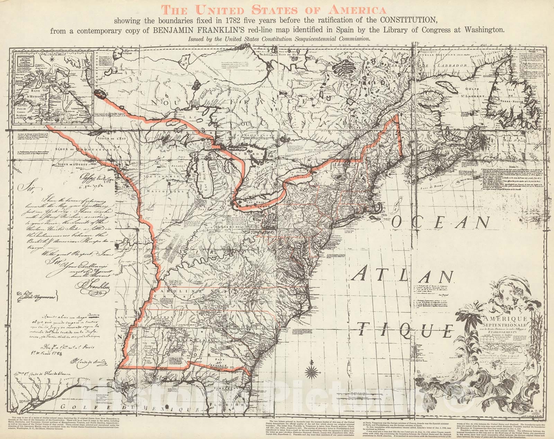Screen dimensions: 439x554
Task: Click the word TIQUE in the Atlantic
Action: point(405,329)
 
